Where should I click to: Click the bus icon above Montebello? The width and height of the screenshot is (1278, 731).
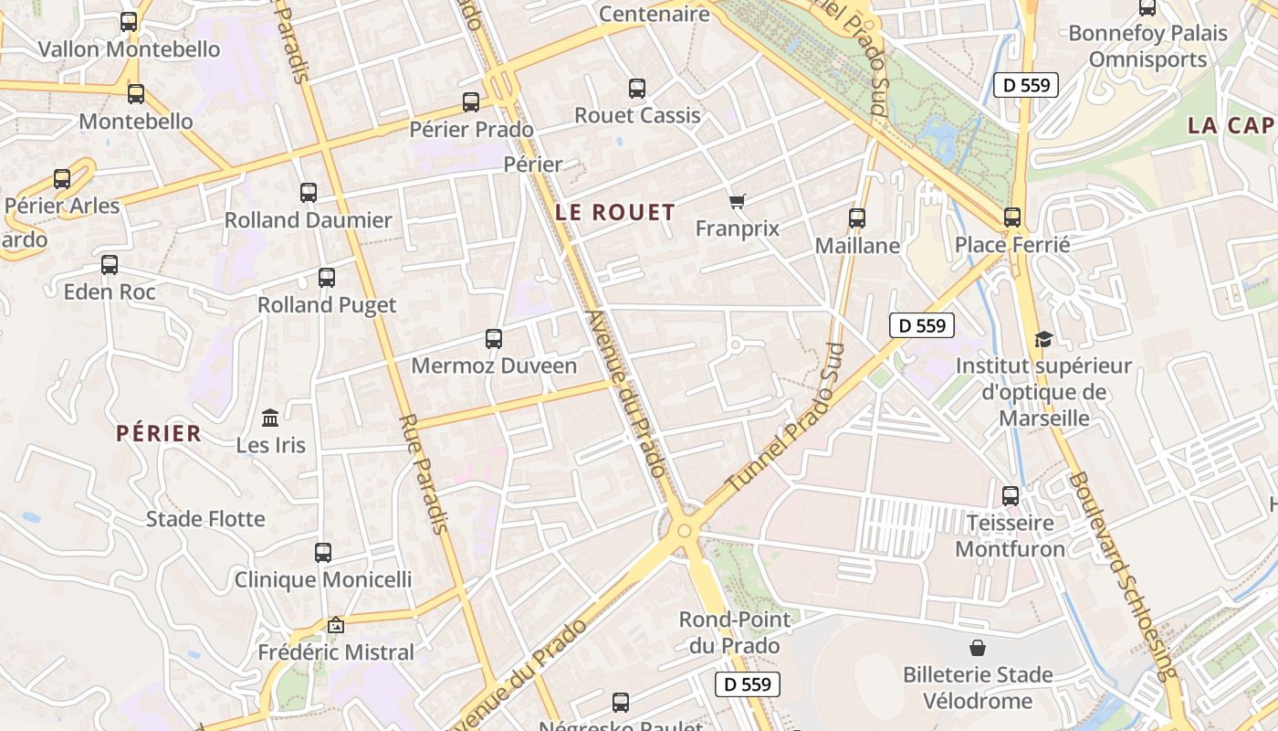[x=136, y=93]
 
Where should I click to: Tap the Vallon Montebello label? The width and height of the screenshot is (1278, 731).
[x=129, y=49]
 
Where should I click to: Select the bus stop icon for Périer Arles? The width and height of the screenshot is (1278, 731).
[x=62, y=179]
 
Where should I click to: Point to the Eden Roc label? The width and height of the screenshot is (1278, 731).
[x=110, y=292]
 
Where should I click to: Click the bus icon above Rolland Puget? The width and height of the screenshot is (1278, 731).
[x=327, y=278]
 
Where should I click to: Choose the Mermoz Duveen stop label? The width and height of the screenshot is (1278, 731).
[x=494, y=366]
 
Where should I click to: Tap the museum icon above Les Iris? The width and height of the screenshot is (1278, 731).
[x=270, y=418]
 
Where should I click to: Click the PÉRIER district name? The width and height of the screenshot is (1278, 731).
[x=159, y=434]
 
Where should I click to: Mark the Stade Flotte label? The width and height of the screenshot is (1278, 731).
[x=205, y=519]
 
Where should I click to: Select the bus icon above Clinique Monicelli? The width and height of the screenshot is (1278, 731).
[x=323, y=553]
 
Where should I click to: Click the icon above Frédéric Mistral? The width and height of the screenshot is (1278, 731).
[x=336, y=626]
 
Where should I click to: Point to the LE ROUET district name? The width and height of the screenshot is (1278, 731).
[x=616, y=213]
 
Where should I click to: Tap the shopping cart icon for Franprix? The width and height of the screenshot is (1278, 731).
[x=738, y=201]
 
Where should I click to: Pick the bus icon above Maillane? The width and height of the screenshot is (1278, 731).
[x=857, y=218]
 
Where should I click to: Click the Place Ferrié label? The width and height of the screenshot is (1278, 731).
[x=1012, y=245]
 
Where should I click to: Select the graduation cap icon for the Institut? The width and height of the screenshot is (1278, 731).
[x=1042, y=340]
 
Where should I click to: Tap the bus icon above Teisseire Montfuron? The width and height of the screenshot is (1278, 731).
[x=1011, y=496]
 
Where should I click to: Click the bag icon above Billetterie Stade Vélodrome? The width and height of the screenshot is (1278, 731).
[x=978, y=648]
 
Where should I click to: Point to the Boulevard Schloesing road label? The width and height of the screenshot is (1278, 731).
[x=1122, y=576]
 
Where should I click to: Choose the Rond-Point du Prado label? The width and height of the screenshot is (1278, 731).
[x=735, y=632]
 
